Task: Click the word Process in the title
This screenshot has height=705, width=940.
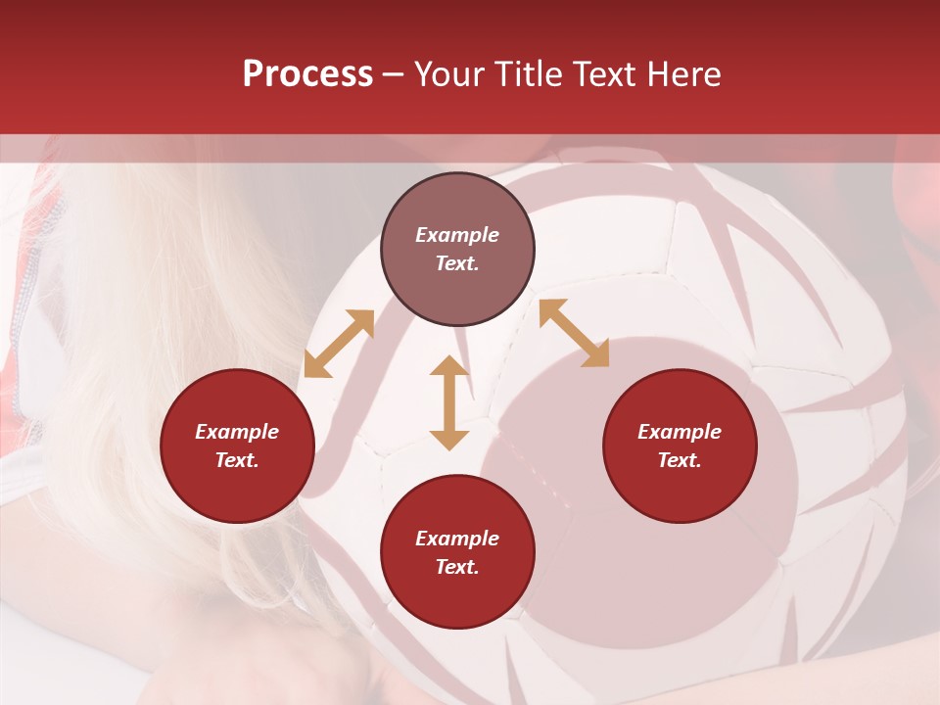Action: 307,74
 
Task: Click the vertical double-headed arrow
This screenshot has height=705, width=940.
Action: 449,402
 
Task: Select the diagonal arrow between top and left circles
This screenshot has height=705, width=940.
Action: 339,344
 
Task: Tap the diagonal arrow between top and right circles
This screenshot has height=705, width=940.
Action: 574,333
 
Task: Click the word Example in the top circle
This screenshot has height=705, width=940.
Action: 457,235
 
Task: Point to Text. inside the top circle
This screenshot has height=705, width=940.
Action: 457,263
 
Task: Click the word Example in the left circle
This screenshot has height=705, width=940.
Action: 237,432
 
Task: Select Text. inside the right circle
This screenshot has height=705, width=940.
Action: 680,460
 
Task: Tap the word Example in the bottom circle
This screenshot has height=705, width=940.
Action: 457,539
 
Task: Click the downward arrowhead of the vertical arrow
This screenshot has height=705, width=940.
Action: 449,439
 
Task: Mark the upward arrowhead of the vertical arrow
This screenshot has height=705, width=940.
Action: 449,367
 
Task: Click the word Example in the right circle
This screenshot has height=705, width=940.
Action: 680,432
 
